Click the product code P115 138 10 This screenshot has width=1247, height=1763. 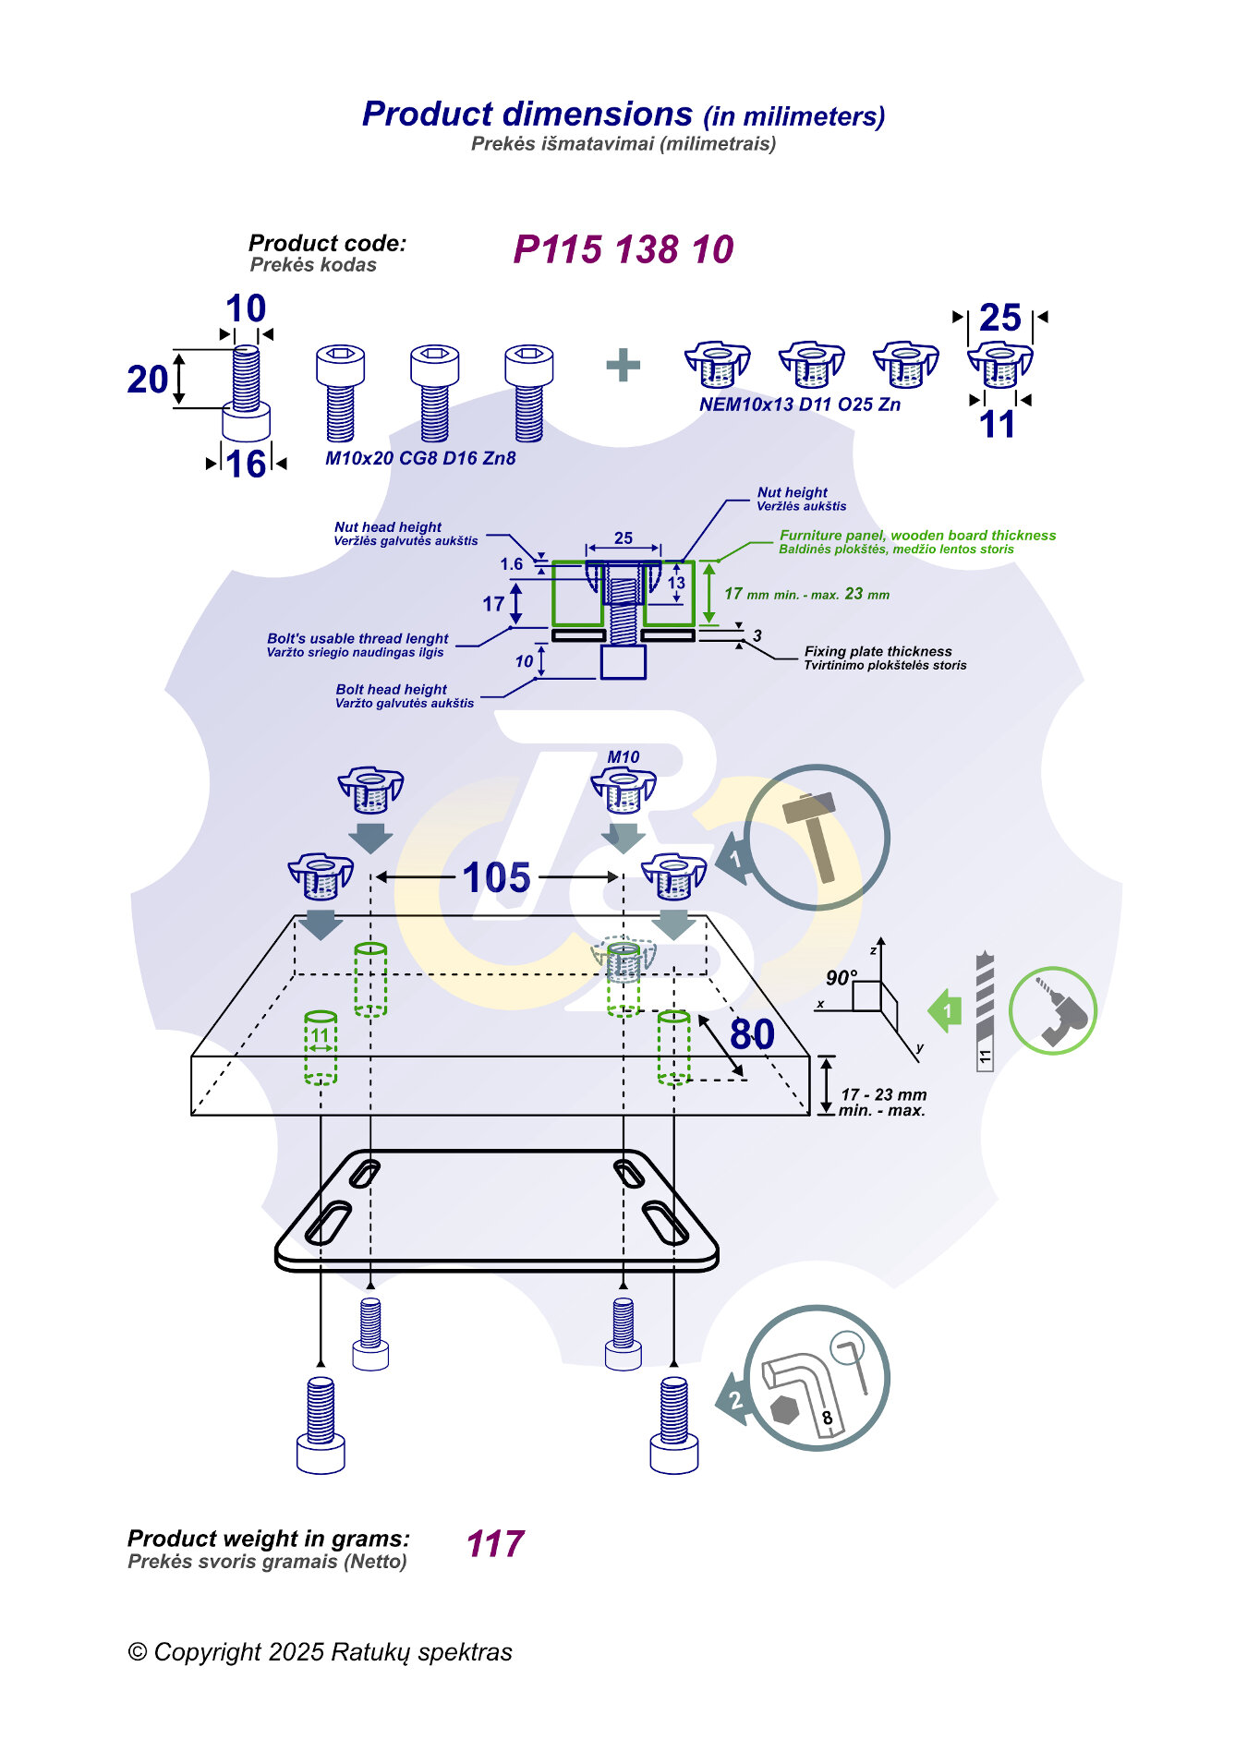(x=623, y=249)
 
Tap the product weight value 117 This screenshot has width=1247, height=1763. (x=495, y=1544)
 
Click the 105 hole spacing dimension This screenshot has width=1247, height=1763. (x=497, y=877)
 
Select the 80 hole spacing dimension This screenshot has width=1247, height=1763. (x=752, y=1034)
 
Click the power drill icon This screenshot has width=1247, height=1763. (x=1053, y=1011)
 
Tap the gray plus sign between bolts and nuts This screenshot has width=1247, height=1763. (x=623, y=365)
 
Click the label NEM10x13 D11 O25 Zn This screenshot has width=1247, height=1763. (x=800, y=405)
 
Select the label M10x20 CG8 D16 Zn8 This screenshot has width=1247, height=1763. (x=420, y=458)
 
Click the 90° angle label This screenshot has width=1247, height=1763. (x=841, y=977)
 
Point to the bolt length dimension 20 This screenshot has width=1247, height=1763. (x=148, y=380)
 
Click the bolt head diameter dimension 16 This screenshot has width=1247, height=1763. (x=246, y=465)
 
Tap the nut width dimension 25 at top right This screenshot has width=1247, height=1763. (x=1000, y=318)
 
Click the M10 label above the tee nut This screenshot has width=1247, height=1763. (x=623, y=757)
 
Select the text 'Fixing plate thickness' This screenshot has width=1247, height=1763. (x=878, y=651)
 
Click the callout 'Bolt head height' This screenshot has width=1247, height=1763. (x=392, y=689)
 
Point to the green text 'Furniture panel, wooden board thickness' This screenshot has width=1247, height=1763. (x=917, y=536)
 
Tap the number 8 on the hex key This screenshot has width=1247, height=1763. (x=828, y=1418)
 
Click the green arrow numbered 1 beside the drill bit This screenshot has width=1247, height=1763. (x=945, y=1010)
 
